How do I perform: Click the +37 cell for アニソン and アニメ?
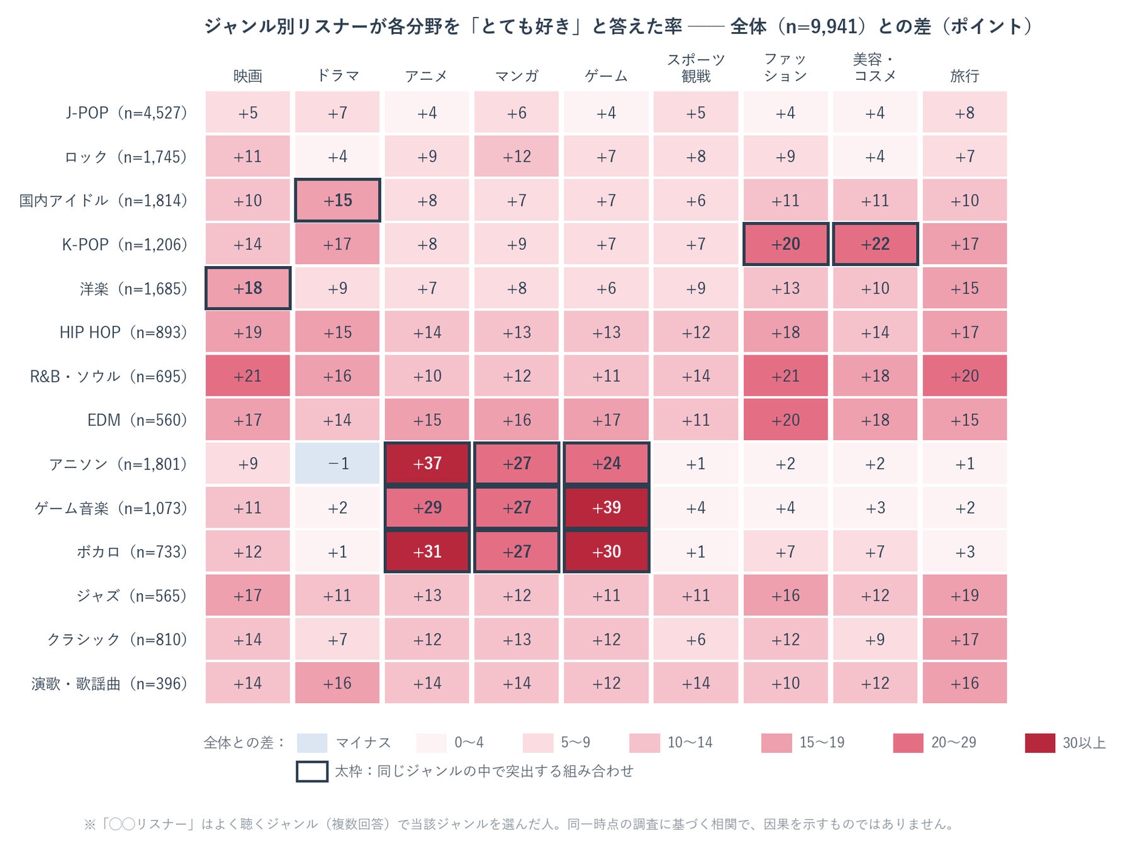click(427, 463)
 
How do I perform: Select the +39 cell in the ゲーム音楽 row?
click(607, 508)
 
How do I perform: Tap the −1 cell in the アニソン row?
click(337, 463)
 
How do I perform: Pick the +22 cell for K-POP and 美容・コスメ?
click(875, 244)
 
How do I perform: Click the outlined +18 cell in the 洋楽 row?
click(248, 288)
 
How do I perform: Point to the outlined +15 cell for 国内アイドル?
click(337, 201)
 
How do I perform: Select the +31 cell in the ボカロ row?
click(427, 552)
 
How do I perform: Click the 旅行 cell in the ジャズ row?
click(965, 595)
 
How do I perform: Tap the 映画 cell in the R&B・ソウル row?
click(248, 376)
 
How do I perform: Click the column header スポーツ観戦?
click(696, 68)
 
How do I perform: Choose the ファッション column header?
click(785, 68)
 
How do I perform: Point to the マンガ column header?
click(517, 76)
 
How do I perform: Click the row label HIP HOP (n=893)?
click(123, 332)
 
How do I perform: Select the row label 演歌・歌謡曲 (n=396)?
click(109, 683)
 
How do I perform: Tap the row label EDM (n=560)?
click(137, 419)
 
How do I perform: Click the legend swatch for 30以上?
click(1040, 743)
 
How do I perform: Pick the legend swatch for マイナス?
click(312, 743)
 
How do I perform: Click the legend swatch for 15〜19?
click(776, 743)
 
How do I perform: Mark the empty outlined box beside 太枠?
click(312, 771)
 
